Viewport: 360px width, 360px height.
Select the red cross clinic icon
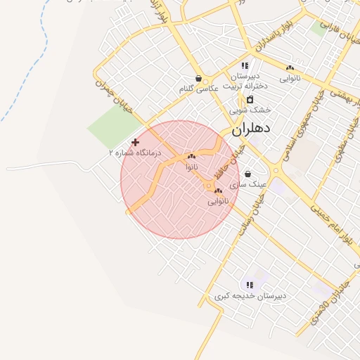[135, 142]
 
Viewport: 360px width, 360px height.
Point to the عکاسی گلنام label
[198, 89]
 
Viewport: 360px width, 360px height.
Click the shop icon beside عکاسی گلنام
[198, 79]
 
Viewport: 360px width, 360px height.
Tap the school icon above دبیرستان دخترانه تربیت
[245, 65]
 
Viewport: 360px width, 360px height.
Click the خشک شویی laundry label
[250, 110]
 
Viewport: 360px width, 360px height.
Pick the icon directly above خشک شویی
[249, 99]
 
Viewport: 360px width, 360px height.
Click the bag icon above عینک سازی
[247, 174]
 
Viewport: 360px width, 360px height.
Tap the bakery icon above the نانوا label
[191, 156]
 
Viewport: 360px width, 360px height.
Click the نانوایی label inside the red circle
[218, 201]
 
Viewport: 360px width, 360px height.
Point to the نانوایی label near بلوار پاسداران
[290, 79]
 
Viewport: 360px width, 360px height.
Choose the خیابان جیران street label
[106, 95]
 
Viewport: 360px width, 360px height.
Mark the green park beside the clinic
[112, 127]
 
